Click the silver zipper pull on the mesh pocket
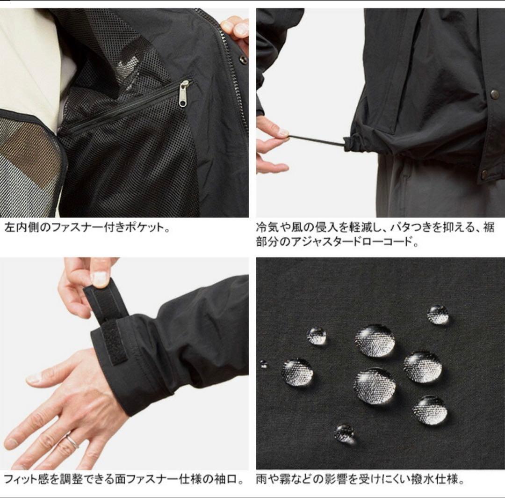pos(184,94)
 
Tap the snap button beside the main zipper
pos(243,59)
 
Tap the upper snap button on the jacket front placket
pos(494,95)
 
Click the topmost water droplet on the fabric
pos(438,314)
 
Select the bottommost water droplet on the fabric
pos(345,433)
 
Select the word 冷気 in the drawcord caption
pos(267,228)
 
